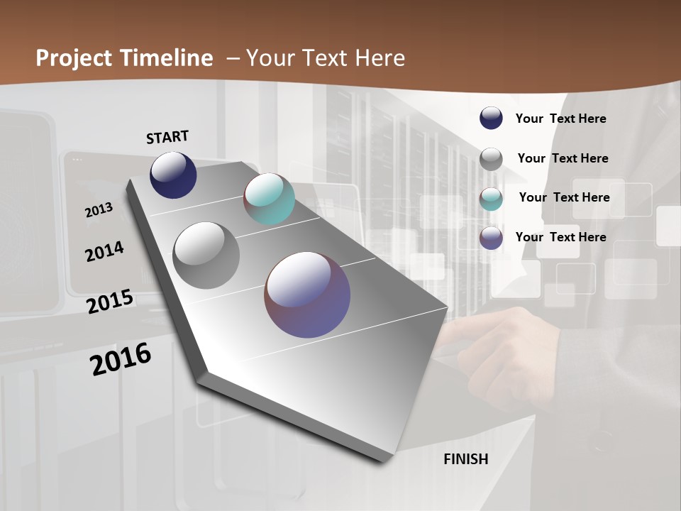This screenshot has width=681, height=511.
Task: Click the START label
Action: tap(167, 137)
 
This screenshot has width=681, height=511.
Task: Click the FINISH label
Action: tap(465, 459)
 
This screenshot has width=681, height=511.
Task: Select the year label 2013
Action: tap(99, 210)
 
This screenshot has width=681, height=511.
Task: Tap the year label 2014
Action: tap(104, 251)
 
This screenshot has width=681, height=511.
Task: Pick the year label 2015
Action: tap(110, 301)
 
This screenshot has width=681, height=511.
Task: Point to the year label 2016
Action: tap(121, 359)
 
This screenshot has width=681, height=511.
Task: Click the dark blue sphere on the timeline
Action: tap(173, 175)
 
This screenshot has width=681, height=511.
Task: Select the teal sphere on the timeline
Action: tap(269, 199)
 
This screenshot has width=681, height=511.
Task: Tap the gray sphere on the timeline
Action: tap(206, 255)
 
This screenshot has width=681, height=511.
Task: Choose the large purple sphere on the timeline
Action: tap(307, 294)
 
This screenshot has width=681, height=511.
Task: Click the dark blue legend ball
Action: tap(491, 118)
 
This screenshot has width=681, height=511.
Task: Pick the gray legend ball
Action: tap(491, 159)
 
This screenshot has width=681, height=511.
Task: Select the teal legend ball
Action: tap(491, 199)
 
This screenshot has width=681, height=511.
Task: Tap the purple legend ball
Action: tap(491, 238)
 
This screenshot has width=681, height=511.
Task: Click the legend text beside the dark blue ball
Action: tap(560, 119)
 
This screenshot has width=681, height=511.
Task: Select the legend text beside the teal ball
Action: tap(564, 197)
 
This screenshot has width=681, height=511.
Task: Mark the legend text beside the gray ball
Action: tap(563, 158)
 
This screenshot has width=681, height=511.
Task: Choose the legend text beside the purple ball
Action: tap(560, 237)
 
